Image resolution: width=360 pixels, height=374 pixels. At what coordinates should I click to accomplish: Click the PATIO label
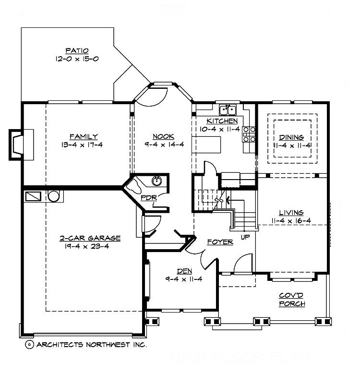tap(76, 50)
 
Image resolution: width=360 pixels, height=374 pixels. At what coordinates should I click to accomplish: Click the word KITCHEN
tap(222, 121)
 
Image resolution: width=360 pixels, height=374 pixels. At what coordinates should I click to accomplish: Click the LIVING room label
tap(291, 212)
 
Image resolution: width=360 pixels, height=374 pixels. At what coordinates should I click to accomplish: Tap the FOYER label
tap(221, 241)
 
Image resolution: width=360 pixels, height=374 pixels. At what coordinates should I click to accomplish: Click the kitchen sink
tap(226, 109)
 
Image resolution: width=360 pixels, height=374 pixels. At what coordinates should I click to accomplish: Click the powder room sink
tap(156, 181)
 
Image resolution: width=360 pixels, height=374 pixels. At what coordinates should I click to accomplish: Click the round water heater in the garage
tap(53, 196)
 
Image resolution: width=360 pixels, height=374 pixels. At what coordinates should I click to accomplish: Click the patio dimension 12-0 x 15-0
tap(76, 59)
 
